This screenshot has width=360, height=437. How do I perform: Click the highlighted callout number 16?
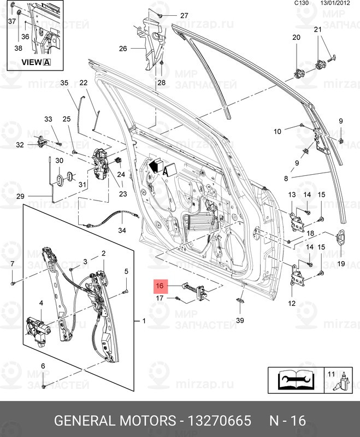[x=160, y=286]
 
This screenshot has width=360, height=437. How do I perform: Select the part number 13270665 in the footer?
[x=219, y=421]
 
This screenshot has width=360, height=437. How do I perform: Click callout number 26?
[x=123, y=49]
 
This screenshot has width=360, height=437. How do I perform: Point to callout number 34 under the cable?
[x=122, y=231]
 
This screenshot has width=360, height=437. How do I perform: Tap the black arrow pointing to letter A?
[x=155, y=164]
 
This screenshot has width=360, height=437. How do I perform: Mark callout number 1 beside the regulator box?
[x=144, y=321]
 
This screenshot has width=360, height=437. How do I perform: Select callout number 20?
[x=297, y=38]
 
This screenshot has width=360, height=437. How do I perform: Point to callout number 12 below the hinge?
[x=291, y=303]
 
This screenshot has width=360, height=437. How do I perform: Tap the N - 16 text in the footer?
[x=288, y=421]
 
